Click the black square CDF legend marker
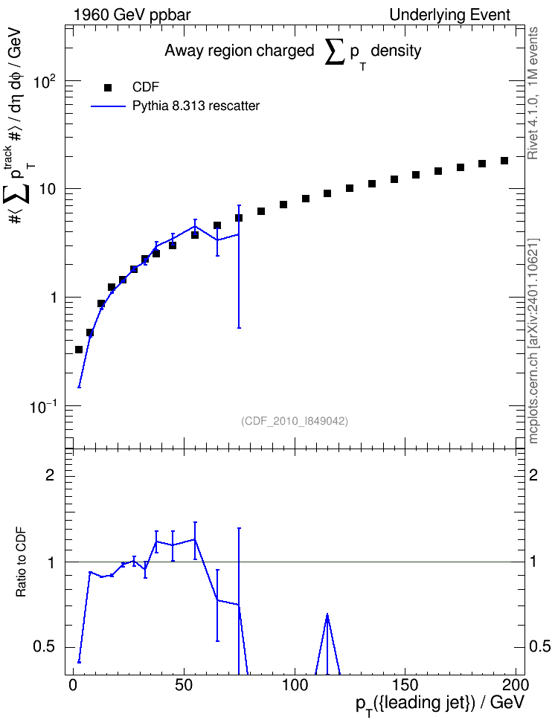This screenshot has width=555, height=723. click(x=108, y=88)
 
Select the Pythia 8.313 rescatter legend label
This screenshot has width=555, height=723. click(x=196, y=106)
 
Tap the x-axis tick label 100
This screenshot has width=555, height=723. click(x=295, y=684)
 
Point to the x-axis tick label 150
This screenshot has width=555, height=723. click(x=405, y=684)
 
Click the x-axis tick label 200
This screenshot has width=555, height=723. click(x=515, y=684)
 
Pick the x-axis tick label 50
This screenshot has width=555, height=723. click(x=184, y=684)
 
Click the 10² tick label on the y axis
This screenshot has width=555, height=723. click(x=45, y=82)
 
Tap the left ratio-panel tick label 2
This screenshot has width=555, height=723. click(x=50, y=475)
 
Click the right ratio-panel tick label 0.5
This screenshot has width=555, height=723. click(x=539, y=646)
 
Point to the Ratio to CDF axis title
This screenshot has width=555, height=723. click(x=22, y=562)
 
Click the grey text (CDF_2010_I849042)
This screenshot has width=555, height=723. click(x=295, y=421)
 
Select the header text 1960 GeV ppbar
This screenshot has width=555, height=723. click(x=132, y=15)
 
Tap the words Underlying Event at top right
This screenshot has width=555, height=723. click(x=450, y=15)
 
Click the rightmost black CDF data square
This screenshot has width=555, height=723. click(x=504, y=161)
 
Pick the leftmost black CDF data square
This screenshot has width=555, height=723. click(x=79, y=350)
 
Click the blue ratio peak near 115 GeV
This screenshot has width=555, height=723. click(x=327, y=614)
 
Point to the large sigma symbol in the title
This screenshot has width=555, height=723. click(x=335, y=51)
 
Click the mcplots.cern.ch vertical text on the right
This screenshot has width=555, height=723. click(x=533, y=341)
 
